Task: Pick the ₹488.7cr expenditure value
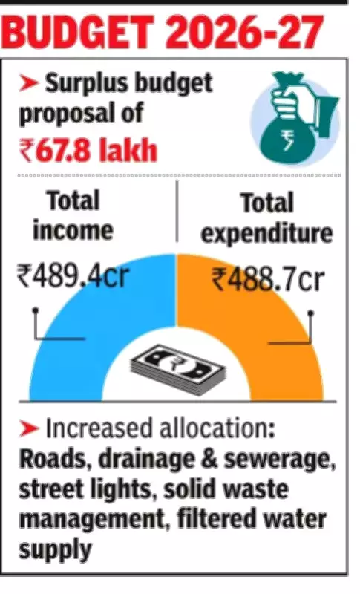coord(267,280)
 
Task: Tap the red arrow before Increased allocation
coord(29,429)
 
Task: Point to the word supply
coord(56,551)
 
